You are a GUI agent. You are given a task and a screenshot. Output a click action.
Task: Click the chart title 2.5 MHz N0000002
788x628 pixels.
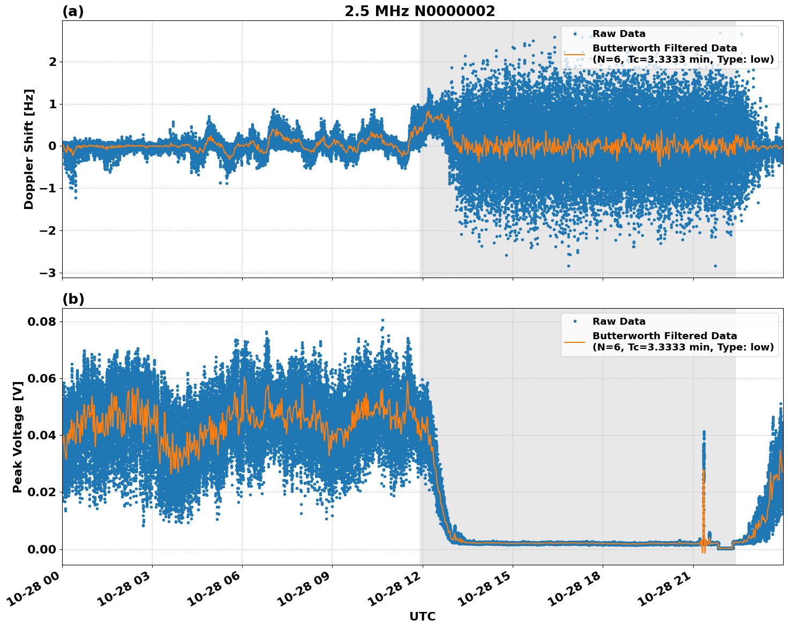419,11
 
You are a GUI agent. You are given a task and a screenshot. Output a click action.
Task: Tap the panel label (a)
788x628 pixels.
73,11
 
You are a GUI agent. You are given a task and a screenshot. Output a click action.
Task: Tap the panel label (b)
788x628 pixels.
73,299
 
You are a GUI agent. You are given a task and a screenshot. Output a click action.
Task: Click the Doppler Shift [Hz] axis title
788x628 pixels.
29,149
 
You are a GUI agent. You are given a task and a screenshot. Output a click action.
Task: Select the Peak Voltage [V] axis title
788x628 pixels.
18,437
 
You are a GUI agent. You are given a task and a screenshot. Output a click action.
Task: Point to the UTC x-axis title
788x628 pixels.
422,616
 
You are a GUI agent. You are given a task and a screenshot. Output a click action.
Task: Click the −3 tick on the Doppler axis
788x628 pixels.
48,273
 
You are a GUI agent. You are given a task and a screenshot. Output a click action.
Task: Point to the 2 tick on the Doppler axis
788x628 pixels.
52,62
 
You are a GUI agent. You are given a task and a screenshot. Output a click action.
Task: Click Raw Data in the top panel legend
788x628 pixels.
619,34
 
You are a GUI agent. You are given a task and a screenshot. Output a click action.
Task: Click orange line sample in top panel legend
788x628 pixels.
575,54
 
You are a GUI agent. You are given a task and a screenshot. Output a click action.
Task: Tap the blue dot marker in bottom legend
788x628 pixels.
575,322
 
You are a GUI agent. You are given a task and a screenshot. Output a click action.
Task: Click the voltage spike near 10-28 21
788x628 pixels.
704,445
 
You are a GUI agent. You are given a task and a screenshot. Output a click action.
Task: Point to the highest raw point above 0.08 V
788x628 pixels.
382,320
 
